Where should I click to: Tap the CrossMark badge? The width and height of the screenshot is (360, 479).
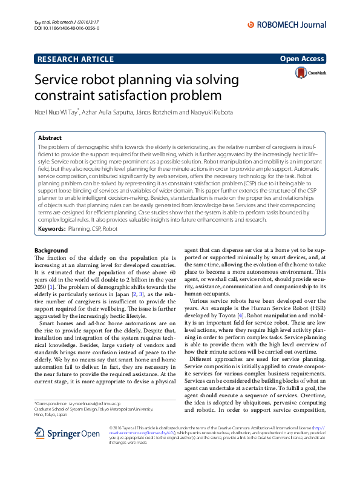point(310,73)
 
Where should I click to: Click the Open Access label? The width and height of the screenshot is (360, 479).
point(302,59)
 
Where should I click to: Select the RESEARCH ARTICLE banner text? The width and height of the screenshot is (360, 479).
point(76,59)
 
